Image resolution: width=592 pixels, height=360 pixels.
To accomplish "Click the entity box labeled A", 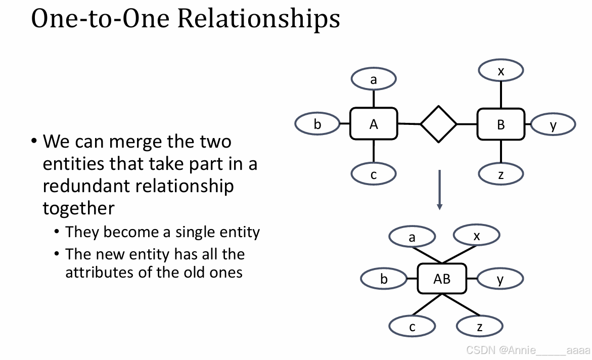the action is pyautogui.click(x=374, y=124).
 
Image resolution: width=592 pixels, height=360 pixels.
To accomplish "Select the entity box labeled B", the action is pyautogui.click(x=501, y=124).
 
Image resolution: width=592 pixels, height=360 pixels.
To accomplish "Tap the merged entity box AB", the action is pyautogui.click(x=441, y=279).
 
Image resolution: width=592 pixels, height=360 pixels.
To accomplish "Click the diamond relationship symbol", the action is pyautogui.click(x=438, y=124).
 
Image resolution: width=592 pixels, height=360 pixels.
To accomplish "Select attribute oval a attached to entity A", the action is pyautogui.click(x=374, y=79).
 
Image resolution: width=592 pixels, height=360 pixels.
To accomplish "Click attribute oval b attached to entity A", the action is pyautogui.click(x=317, y=124).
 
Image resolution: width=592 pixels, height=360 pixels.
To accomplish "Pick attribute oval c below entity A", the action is pyautogui.click(x=374, y=174).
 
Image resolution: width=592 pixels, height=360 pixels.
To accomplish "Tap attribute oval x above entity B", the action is pyautogui.click(x=501, y=71).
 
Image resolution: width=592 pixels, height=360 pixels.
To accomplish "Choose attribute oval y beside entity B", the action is pyautogui.click(x=553, y=124).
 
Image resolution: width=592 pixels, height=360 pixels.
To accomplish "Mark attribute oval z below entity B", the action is pyautogui.click(x=501, y=174).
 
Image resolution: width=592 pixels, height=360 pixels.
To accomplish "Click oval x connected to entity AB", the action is pyautogui.click(x=477, y=235).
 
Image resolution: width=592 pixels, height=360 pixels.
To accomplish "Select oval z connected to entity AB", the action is pyautogui.click(x=479, y=327).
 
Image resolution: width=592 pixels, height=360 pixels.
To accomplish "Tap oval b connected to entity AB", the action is pyautogui.click(x=384, y=279).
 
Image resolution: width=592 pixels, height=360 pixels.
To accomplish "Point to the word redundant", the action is pyautogui.click(x=84, y=186).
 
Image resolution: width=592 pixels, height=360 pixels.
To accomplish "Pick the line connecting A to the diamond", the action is pyautogui.click(x=409, y=124).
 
